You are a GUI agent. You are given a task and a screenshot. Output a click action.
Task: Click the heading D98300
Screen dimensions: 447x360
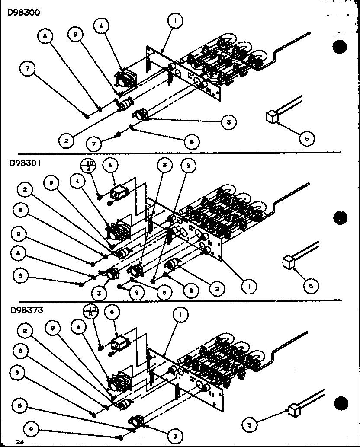(24, 13)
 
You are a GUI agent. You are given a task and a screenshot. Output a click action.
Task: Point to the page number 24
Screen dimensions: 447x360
(19, 441)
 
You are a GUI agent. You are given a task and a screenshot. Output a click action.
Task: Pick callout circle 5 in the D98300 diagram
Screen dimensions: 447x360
(306, 138)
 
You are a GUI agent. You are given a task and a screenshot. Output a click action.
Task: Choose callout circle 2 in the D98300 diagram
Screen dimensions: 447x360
(66, 140)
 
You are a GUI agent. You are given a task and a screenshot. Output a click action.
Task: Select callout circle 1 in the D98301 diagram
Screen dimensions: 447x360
(249, 286)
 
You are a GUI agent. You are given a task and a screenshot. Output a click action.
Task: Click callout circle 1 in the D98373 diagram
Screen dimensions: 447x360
(180, 316)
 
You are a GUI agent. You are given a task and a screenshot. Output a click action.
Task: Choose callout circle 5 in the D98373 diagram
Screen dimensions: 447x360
(250, 425)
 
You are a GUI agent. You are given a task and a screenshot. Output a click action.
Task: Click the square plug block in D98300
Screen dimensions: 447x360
(271, 117)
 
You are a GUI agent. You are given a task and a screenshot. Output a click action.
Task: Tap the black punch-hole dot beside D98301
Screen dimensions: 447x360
(341, 218)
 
